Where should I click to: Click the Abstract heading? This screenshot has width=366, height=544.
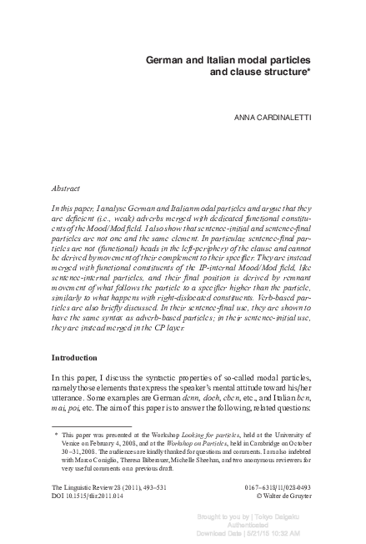[x=67, y=189]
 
